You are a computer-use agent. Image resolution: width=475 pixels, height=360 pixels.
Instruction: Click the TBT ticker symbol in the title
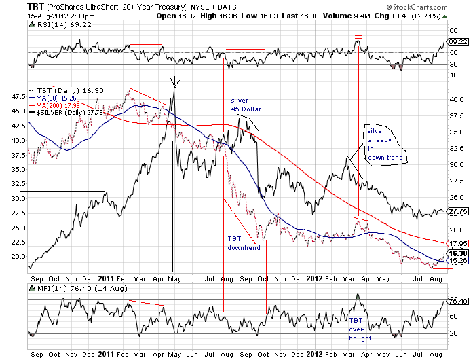pos(16,6)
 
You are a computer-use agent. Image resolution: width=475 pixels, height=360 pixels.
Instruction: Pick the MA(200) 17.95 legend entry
pos(58,105)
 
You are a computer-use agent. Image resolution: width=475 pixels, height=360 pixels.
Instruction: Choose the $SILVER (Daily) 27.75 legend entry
pos(66,113)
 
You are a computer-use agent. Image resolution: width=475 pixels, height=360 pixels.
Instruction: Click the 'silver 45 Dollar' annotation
pos(245,105)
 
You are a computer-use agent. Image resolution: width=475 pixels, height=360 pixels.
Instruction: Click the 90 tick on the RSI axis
pos(451,31)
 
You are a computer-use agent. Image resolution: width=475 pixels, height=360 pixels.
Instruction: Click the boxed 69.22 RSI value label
pos(454,42)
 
